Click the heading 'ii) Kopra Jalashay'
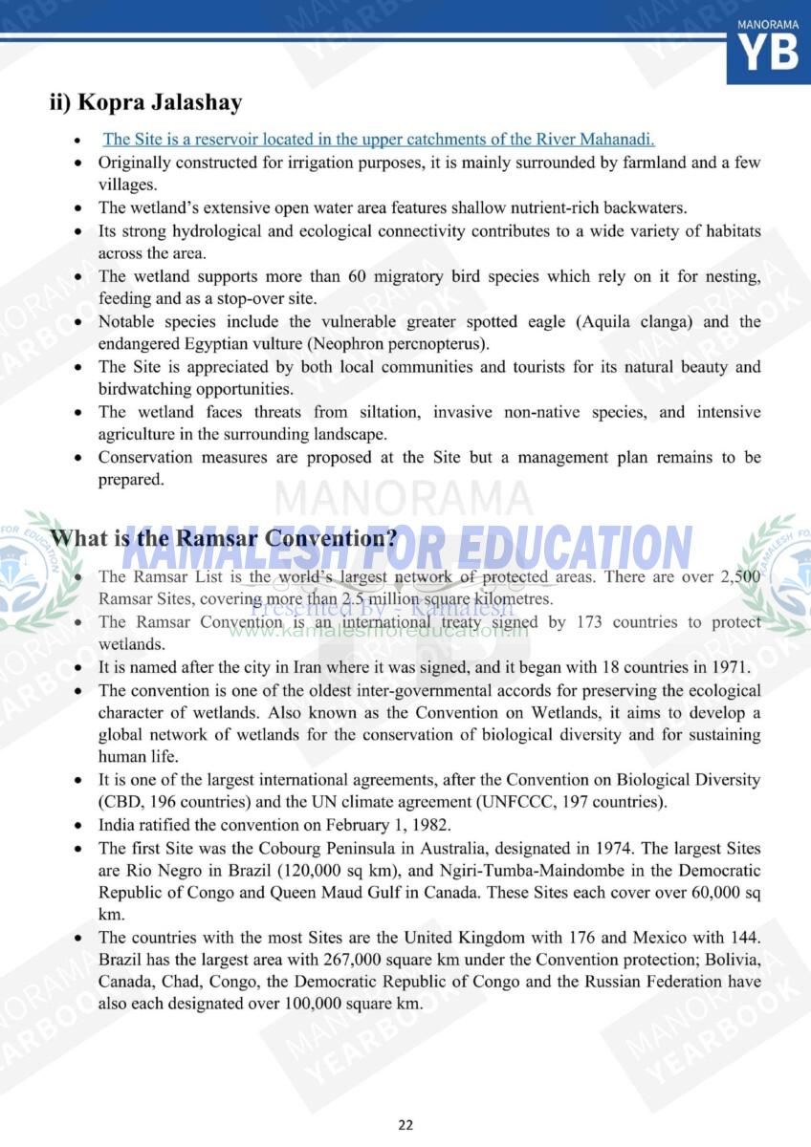145,102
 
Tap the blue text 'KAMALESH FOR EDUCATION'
406,547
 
